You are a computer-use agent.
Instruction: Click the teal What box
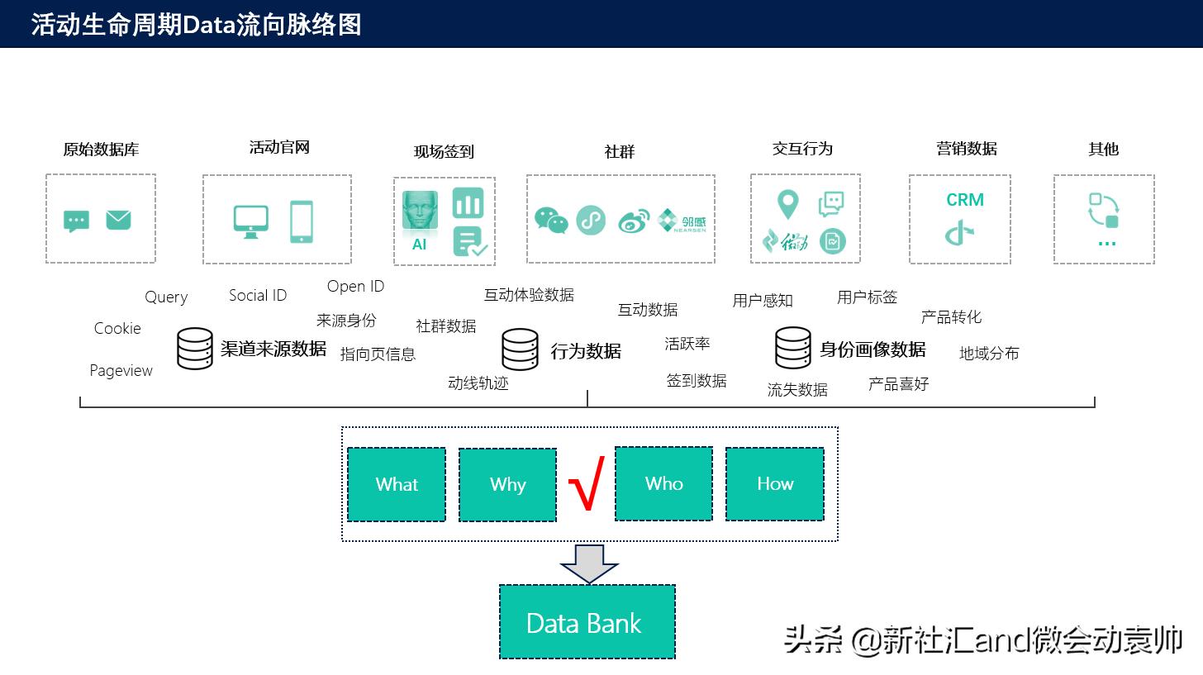(x=397, y=484)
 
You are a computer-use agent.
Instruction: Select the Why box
(x=507, y=485)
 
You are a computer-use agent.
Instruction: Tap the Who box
(x=663, y=483)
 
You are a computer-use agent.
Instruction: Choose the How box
(x=774, y=483)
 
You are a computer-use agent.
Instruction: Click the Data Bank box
(x=587, y=622)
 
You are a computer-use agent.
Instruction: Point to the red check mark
(x=587, y=483)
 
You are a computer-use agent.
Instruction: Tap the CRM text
(x=964, y=200)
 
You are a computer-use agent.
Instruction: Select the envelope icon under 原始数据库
(x=118, y=220)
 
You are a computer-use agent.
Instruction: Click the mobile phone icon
(x=302, y=221)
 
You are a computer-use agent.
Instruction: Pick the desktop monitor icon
(x=250, y=221)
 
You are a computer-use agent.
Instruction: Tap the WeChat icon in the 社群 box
(x=551, y=221)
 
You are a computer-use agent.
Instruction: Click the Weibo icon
(x=634, y=221)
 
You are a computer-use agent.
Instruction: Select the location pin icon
(x=787, y=204)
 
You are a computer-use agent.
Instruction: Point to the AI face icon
(x=420, y=212)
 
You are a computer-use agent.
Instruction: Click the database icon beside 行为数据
(x=521, y=349)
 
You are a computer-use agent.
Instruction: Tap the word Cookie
(x=117, y=328)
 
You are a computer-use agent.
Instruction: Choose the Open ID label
(x=355, y=286)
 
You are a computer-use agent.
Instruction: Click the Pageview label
(x=121, y=370)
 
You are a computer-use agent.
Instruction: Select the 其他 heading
(x=1103, y=149)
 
